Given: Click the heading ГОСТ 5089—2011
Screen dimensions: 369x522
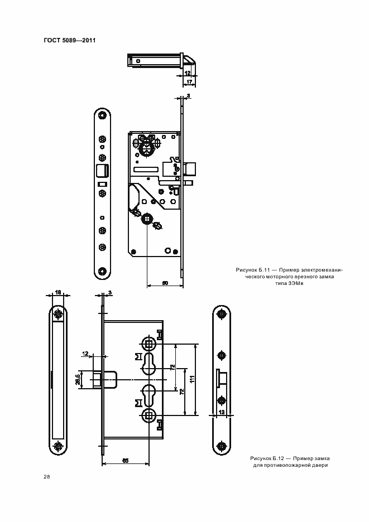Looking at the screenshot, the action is [70, 41].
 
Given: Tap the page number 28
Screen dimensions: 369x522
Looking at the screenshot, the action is [47, 477].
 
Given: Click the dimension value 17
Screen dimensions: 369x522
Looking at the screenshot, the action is [189, 81].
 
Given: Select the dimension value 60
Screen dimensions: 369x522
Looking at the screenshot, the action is [165, 283].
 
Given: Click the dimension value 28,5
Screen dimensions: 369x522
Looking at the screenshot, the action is [78, 380].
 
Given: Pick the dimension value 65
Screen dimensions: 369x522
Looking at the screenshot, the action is [126, 461].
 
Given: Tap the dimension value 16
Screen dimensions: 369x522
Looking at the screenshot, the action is [57, 292].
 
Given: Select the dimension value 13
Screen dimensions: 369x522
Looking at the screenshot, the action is [221, 412].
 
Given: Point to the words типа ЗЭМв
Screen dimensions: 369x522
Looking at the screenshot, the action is [289, 284].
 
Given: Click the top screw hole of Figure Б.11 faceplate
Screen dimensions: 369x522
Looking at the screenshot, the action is [102, 115].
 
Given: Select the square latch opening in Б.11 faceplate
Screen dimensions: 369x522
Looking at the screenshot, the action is [102, 170].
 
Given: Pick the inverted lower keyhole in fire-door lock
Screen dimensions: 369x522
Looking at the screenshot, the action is [148, 395].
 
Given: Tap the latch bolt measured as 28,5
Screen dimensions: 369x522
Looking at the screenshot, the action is [104, 380].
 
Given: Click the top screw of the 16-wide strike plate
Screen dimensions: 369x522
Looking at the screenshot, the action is [58, 314].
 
